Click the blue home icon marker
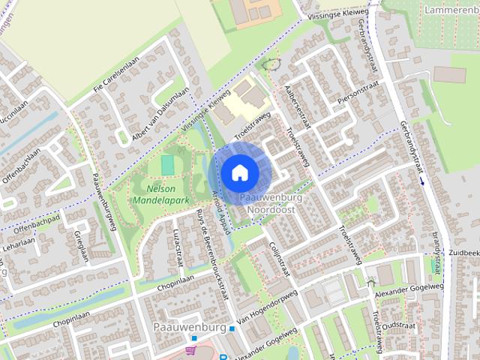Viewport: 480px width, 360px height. click(239, 172)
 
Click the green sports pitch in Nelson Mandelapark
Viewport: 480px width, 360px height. click(168, 163)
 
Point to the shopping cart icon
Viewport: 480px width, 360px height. click(191, 349)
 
